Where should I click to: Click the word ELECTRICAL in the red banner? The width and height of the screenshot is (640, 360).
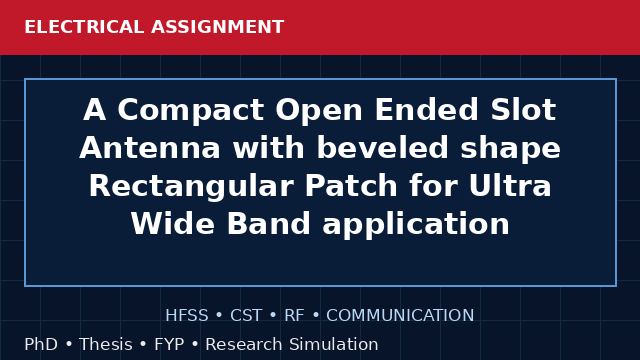[x=84, y=27]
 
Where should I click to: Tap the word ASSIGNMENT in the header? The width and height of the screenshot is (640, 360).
[x=218, y=27]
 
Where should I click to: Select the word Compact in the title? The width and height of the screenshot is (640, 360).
[x=191, y=110]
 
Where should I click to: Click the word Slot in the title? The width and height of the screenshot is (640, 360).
[x=523, y=109]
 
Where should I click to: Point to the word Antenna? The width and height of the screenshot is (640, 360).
[x=150, y=148]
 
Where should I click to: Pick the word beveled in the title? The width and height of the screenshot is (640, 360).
[x=383, y=147]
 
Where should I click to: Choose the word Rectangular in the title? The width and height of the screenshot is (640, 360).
[x=191, y=186]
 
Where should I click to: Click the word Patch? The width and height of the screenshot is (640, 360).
[x=351, y=185]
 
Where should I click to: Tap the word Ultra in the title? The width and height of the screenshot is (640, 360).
[x=510, y=185]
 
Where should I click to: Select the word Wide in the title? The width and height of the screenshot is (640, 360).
[x=173, y=224]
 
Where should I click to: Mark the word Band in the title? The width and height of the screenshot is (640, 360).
[x=269, y=224]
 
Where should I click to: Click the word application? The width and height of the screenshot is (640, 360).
[x=416, y=224]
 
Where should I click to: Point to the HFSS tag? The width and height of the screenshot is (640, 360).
[x=187, y=316]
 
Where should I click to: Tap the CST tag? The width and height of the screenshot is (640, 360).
[x=246, y=316]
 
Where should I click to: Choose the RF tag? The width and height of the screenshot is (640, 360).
[x=294, y=316]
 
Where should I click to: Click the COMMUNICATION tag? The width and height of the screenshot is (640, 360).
[x=400, y=316]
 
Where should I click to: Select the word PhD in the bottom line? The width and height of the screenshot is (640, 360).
[x=41, y=344]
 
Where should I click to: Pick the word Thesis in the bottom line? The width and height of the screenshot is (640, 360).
[x=106, y=344]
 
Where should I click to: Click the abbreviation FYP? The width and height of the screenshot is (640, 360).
[x=169, y=344]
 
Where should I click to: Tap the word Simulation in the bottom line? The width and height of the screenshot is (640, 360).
[x=334, y=344]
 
